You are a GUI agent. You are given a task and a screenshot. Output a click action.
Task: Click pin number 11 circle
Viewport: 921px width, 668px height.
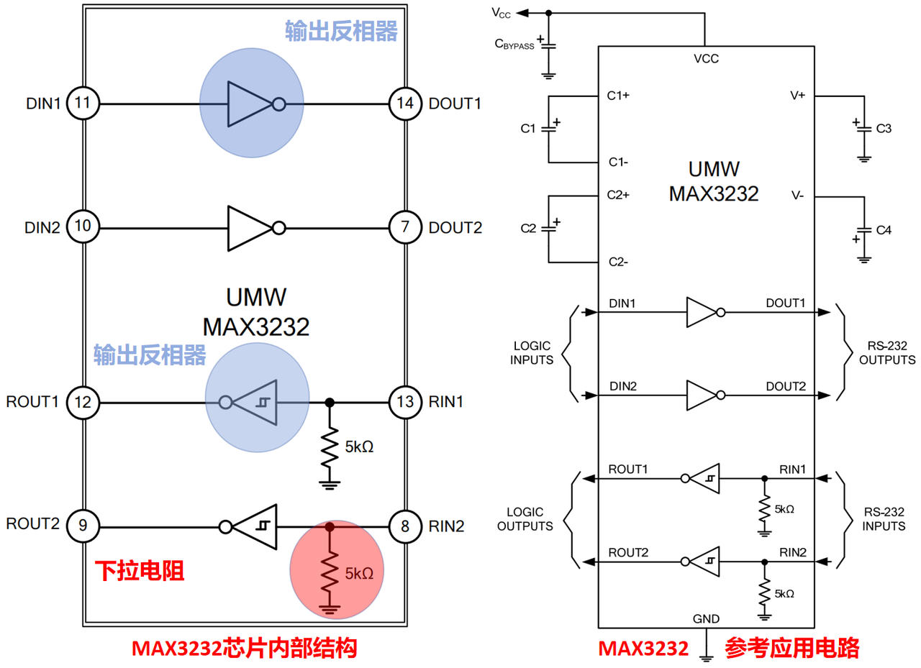click(x=83, y=103)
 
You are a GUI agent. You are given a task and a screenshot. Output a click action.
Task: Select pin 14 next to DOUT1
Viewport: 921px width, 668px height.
click(x=405, y=104)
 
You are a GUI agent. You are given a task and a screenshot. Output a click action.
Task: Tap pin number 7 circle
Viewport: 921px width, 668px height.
click(x=405, y=227)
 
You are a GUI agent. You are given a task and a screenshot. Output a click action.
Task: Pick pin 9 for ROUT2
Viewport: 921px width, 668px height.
click(x=83, y=526)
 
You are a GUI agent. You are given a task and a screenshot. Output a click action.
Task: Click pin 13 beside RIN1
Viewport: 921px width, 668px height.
click(x=405, y=402)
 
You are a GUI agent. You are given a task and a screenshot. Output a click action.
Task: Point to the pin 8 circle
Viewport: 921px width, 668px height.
click(x=405, y=526)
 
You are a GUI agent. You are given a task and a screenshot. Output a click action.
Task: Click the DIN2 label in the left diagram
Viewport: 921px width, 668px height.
click(x=42, y=228)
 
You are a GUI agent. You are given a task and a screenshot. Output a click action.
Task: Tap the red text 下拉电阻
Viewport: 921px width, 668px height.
click(x=140, y=571)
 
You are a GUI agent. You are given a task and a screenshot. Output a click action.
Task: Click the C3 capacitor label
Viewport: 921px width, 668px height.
click(x=884, y=129)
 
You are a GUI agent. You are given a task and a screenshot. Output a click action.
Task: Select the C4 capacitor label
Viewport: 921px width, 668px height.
click(x=884, y=230)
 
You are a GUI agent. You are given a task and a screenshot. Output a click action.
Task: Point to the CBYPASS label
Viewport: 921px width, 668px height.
click(x=514, y=44)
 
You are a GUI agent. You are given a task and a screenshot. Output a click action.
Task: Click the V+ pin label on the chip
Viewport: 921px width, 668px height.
click(x=797, y=96)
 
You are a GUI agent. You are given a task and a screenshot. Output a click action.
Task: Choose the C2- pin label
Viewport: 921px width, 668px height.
click(x=618, y=262)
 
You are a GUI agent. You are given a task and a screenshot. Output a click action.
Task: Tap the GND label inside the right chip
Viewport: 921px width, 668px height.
click(x=706, y=618)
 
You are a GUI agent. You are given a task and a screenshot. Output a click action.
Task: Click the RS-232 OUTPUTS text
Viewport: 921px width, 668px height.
click(x=887, y=353)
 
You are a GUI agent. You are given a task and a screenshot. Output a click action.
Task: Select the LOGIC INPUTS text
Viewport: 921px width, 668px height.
click(x=532, y=353)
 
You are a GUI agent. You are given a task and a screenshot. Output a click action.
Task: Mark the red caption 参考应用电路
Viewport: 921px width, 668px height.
click(x=792, y=649)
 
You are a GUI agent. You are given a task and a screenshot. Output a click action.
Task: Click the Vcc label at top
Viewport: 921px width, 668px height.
click(x=502, y=13)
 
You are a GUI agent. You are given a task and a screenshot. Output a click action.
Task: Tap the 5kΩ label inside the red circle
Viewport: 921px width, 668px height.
click(x=359, y=574)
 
